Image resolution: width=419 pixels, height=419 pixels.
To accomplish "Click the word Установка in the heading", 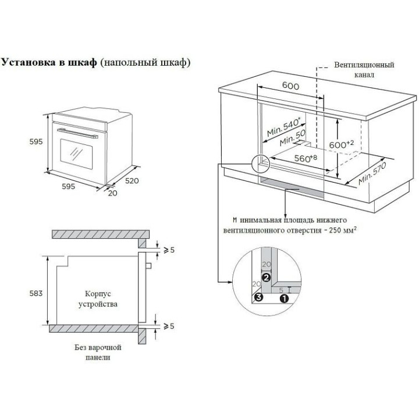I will (x=29, y=62).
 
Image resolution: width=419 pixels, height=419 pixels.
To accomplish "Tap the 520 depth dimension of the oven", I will (x=132, y=181).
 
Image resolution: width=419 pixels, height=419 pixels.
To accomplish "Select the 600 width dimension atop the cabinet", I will (x=290, y=86).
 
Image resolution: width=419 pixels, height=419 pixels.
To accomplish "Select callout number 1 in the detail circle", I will (x=285, y=298).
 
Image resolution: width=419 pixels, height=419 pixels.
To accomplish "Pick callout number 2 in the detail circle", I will (x=265, y=278).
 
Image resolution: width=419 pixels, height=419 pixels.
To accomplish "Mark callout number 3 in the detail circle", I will (x=258, y=297).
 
